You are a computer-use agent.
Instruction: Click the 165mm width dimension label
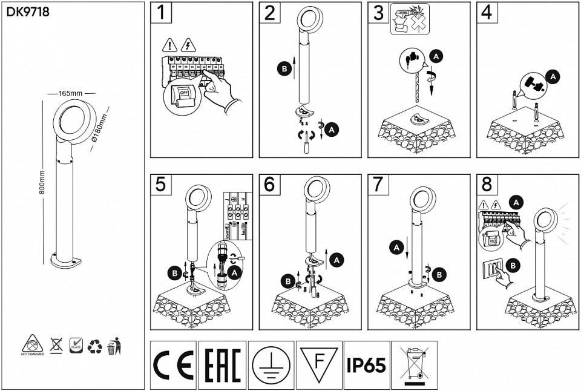71,94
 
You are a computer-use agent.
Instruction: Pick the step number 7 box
378,185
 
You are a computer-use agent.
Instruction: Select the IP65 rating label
366,365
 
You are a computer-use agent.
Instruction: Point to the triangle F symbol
319,363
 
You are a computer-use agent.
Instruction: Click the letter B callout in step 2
283,70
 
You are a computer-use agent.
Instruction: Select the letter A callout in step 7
396,247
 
